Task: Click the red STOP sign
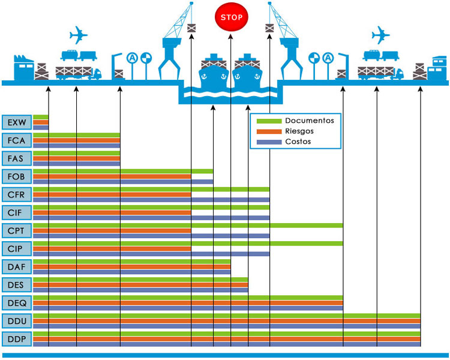231,17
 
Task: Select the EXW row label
17,123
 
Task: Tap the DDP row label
17,339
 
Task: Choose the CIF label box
17,213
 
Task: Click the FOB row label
17,177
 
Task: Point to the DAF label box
17,267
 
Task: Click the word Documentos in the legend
309,121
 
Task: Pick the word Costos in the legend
298,141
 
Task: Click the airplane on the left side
79,35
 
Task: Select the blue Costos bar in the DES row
140,290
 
